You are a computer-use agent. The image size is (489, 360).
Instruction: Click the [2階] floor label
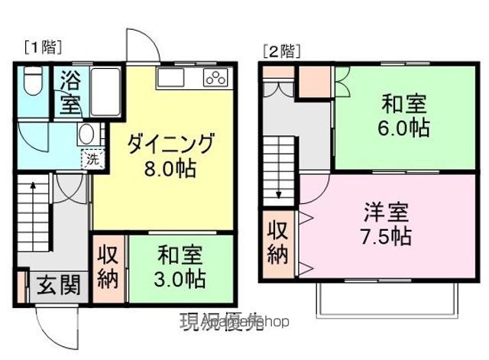pyautogui.click(x=280, y=52)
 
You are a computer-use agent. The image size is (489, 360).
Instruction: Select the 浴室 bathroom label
pyautogui.click(x=70, y=92)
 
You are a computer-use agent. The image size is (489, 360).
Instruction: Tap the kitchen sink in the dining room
pyautogui.click(x=170, y=77)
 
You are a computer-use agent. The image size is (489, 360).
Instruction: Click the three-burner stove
pyautogui.click(x=215, y=76)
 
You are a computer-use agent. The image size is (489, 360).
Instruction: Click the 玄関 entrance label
pyautogui.click(x=58, y=285)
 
